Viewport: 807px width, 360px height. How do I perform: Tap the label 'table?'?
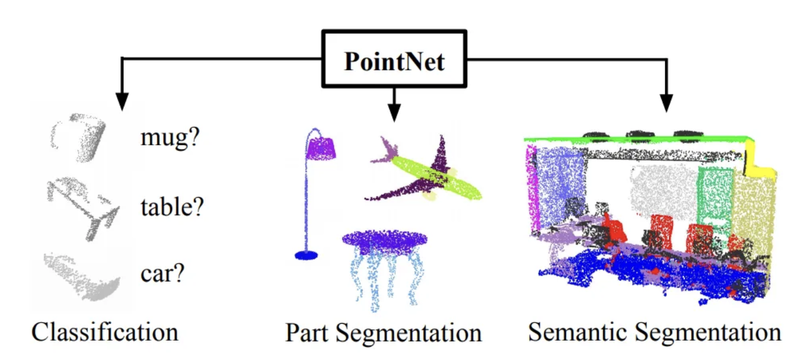coord(172,208)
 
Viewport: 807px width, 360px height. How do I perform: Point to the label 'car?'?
coord(163,274)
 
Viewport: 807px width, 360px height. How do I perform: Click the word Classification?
coord(104,332)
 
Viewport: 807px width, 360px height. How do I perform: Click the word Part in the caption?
coord(307,333)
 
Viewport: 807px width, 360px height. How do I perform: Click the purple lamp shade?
coord(322,148)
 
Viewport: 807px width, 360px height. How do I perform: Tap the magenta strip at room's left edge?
coord(532,187)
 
